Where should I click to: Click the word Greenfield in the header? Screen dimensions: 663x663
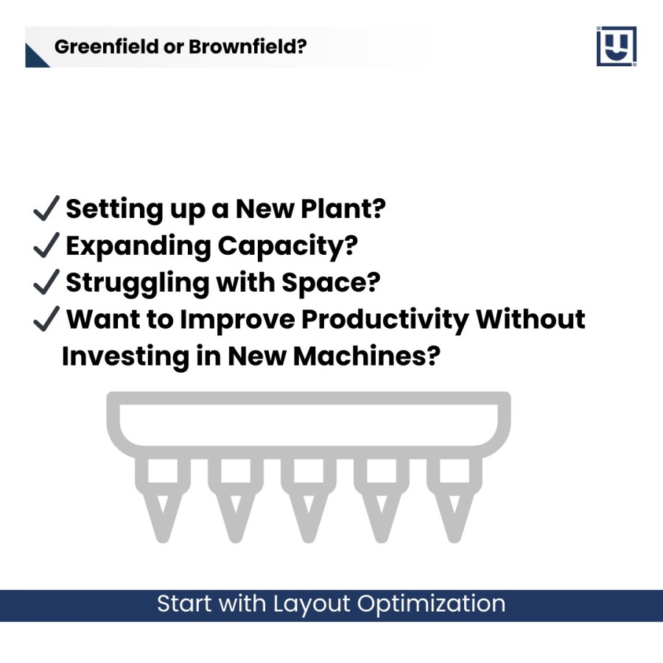point(107,46)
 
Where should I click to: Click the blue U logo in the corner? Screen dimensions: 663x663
point(617,46)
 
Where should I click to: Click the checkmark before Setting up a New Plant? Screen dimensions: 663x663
point(46,208)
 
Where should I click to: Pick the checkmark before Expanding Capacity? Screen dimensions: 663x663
point(46,245)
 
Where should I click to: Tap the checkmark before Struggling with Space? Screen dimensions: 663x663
point(46,281)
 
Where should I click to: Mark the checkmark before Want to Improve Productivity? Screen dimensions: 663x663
point(46,318)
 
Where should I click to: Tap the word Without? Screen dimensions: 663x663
point(530,319)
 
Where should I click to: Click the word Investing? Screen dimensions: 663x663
point(125,357)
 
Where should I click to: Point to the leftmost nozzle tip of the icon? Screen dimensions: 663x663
point(163,538)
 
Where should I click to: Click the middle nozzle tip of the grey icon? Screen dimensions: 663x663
point(309,538)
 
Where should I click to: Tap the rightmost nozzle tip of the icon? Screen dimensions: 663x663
point(455,538)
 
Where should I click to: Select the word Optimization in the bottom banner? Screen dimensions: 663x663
point(431,605)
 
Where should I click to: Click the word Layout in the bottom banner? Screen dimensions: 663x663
point(312,605)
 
